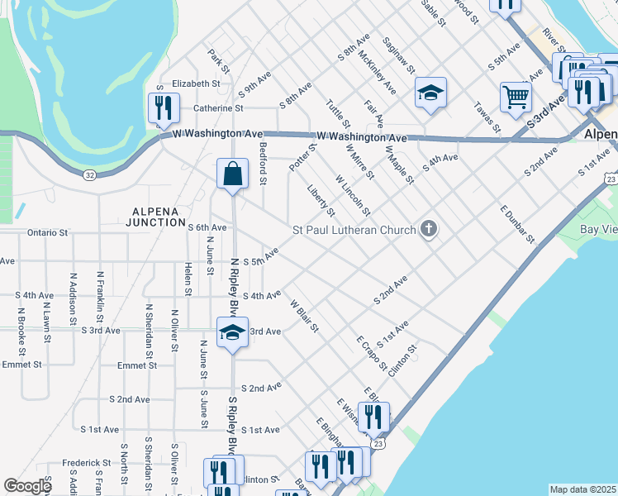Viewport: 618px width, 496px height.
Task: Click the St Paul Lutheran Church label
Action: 354,229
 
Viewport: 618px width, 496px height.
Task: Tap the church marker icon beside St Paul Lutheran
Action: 428,229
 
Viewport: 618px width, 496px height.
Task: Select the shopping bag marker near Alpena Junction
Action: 232,174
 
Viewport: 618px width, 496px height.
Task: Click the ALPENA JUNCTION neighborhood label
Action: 155,217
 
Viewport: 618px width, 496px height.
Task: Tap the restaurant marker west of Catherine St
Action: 164,107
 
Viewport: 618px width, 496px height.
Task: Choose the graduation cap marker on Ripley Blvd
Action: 232,333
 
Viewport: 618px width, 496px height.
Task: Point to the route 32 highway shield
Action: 89,174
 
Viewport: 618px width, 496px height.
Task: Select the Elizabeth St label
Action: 196,83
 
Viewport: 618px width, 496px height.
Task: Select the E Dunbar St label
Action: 518,224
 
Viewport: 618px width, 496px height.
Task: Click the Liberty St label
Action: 321,201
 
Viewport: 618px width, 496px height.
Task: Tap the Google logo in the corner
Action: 28,486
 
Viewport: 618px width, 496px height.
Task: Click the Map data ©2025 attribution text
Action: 582,489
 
